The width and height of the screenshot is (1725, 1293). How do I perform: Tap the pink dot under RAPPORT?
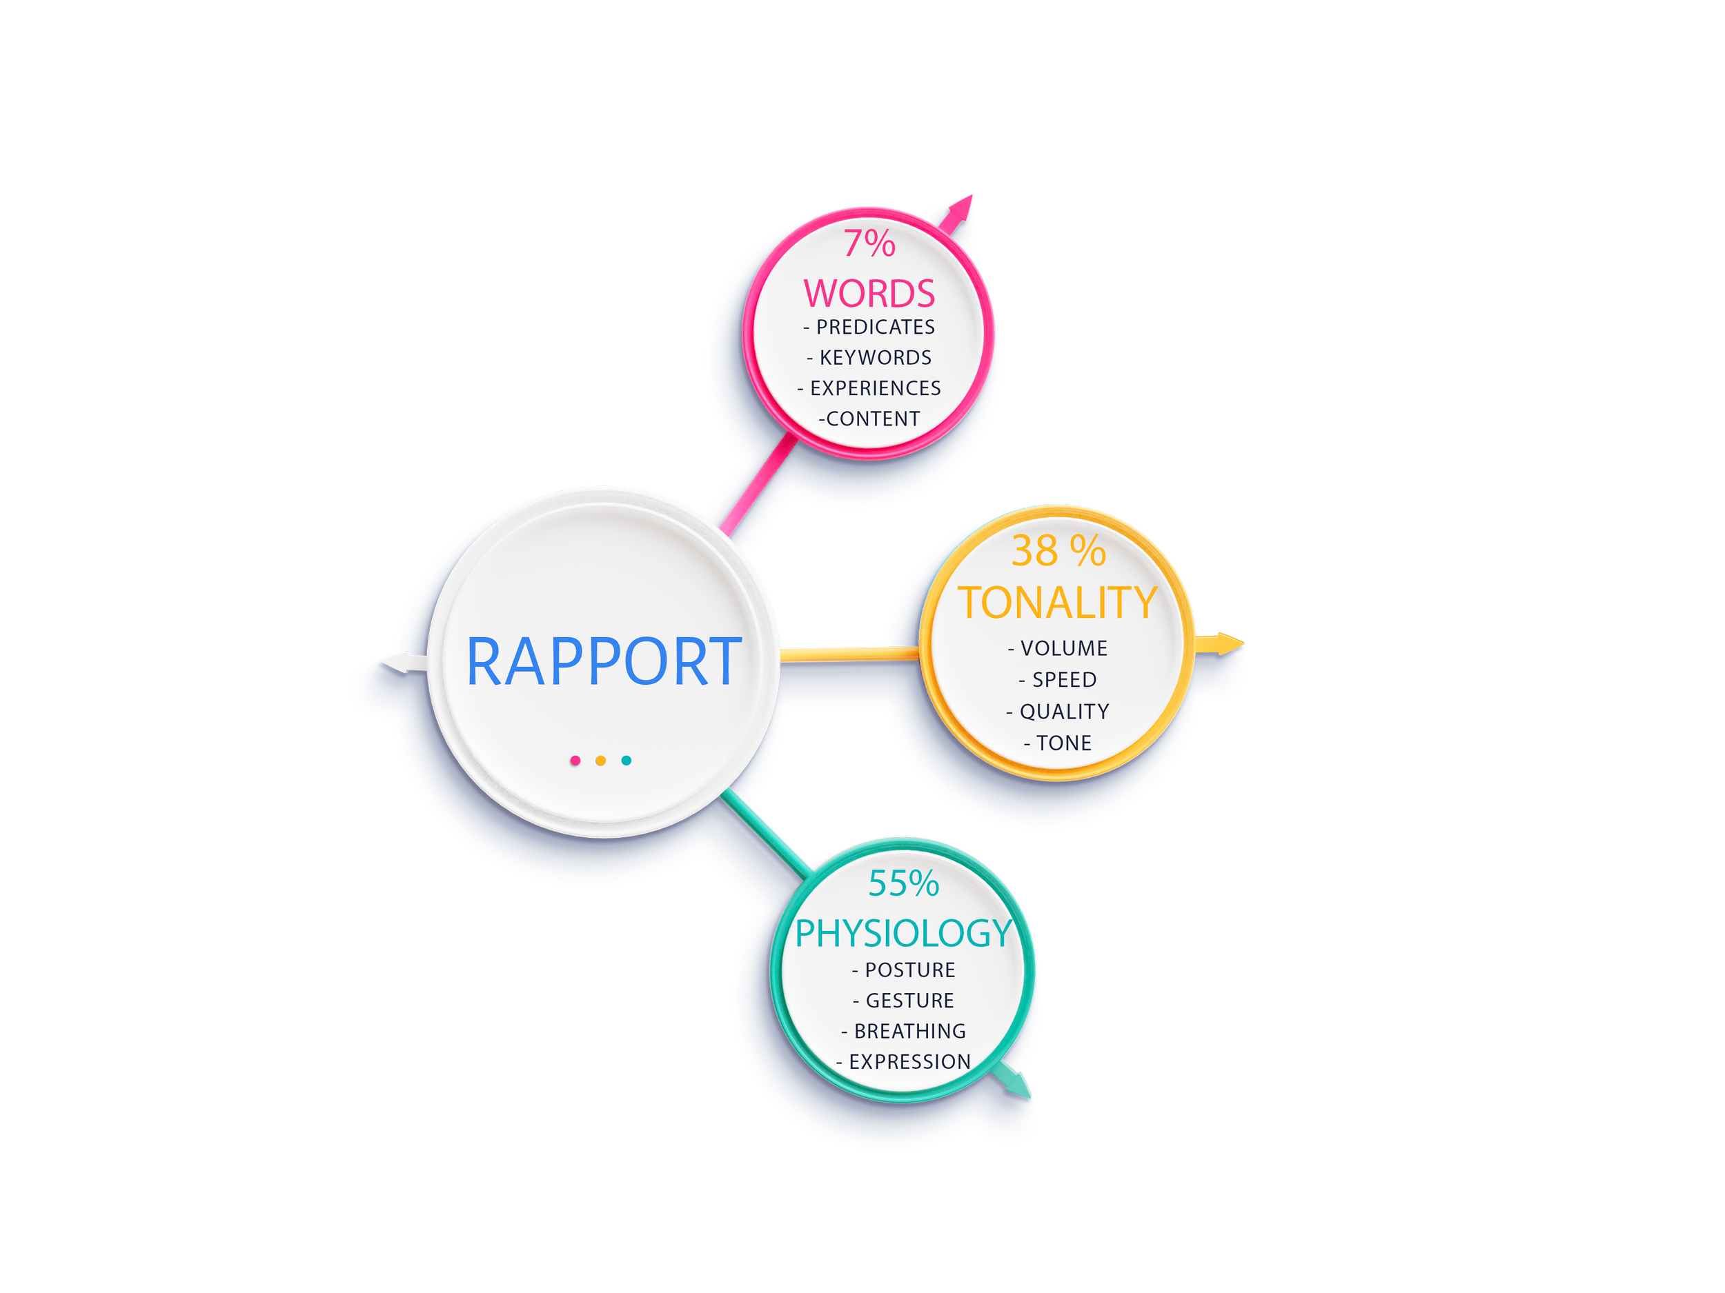coord(575,761)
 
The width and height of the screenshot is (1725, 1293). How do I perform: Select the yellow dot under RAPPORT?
coord(600,761)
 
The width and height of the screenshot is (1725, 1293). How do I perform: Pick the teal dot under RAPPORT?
coord(627,761)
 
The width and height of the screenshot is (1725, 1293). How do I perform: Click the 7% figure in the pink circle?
coord(869,243)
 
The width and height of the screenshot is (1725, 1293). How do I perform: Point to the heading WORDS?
coord(869,294)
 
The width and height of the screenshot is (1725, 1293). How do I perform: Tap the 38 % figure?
coord(1058,551)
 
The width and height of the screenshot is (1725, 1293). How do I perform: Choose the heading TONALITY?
coord(1058,603)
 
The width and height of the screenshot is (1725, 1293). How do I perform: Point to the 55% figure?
coord(904,884)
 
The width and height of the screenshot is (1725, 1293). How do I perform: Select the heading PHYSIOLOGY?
coord(903,934)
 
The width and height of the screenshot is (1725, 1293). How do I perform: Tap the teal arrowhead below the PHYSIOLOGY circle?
coord(1018,1085)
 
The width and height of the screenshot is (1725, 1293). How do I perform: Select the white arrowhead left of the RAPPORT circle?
coord(395,663)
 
